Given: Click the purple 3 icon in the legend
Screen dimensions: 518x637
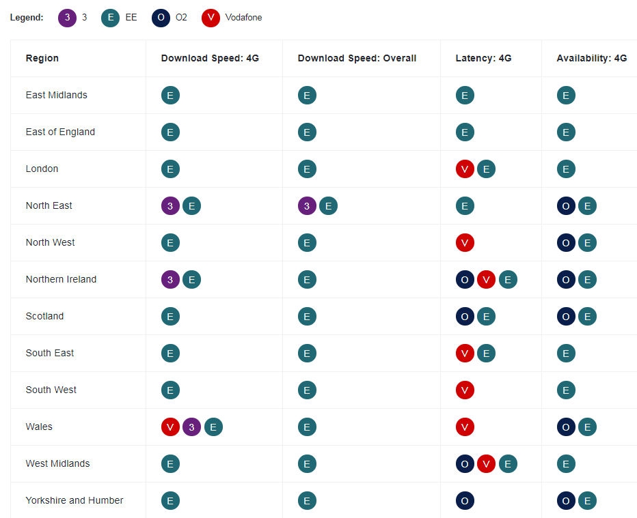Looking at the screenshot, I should pos(67,18).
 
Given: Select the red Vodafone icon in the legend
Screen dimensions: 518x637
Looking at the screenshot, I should pos(211,18).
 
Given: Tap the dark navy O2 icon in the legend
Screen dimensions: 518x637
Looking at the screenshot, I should pos(161,18).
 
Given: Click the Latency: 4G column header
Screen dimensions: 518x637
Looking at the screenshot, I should pos(483,58).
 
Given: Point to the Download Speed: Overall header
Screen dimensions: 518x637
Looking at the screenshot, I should pos(357,58).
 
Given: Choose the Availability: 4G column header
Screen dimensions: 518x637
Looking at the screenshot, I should pos(591,58).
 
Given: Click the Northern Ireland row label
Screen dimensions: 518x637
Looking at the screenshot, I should pos(61,279).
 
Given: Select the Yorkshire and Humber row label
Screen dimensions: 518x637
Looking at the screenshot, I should pos(74,500).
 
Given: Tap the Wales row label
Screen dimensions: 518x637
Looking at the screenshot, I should pos(39,427).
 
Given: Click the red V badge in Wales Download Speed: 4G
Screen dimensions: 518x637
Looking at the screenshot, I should pos(170,427).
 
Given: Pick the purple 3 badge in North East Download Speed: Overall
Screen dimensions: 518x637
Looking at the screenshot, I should pos(307,206).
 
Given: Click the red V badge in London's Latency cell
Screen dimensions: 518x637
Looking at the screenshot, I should pos(465,169).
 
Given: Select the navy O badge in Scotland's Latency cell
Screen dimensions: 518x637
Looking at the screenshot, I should pos(465,317).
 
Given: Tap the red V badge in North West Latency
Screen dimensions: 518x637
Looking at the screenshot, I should pos(465,243).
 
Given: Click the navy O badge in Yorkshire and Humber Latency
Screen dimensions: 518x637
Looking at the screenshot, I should pos(465,501).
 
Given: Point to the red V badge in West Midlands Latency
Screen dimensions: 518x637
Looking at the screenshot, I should pos(486,464).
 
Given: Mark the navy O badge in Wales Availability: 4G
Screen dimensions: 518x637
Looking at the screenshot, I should pos(566,427).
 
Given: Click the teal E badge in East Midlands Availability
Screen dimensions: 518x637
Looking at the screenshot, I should pos(566,96).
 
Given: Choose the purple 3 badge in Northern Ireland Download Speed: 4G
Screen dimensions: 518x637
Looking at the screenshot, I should pos(170,280).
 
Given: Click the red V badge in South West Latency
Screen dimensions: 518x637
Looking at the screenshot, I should pos(465,390).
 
